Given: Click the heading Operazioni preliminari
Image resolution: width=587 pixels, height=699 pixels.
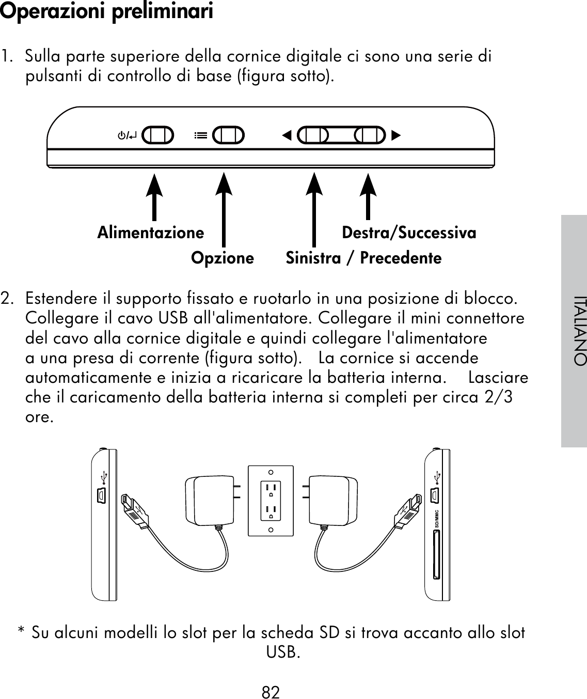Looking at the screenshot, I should click(x=106, y=11).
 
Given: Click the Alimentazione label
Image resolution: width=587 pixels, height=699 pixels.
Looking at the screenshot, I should click(x=150, y=233).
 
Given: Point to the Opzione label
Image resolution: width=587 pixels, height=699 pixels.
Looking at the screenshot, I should click(x=223, y=257).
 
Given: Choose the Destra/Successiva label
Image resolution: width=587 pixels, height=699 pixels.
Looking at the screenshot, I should click(x=409, y=233).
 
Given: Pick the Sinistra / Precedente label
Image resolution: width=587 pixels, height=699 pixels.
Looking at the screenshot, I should click(x=363, y=257).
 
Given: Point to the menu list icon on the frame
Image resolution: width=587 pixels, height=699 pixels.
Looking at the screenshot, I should click(x=200, y=136).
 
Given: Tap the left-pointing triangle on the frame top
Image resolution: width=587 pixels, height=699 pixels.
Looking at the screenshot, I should click(x=287, y=136).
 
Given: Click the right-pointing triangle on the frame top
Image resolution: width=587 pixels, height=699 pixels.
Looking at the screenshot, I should click(x=396, y=136).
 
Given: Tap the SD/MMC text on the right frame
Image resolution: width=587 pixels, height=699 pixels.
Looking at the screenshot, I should click(x=437, y=517).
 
